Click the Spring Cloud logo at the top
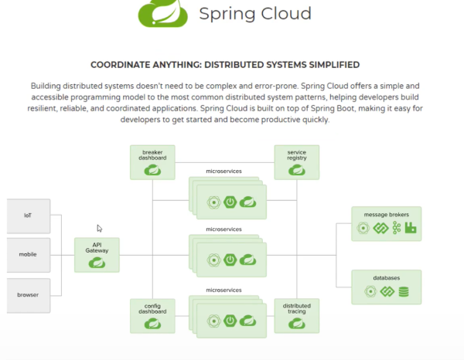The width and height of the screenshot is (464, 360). pos(163,13)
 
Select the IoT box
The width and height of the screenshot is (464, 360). pos(28,216)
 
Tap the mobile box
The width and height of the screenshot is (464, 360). pos(28,254)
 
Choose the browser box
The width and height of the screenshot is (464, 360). pos(28,294)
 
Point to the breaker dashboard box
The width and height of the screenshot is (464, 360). pos(152,162)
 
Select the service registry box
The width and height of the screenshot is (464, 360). pos(296,162)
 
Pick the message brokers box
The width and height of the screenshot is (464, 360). pos(386,222)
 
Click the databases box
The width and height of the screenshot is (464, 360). pos(386,287)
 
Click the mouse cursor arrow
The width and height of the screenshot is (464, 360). pos(99,229)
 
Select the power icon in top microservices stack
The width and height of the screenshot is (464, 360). pos(229,202)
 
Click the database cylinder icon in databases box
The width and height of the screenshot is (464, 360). pos(403,292)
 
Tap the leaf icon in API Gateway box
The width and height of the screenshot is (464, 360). pos(97,263)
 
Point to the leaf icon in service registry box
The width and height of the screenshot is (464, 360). pos(296,170)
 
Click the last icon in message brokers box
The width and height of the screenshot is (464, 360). pos(411,228)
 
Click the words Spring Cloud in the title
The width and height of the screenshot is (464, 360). pos(255,13)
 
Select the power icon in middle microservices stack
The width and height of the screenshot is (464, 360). pos(229,260)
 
